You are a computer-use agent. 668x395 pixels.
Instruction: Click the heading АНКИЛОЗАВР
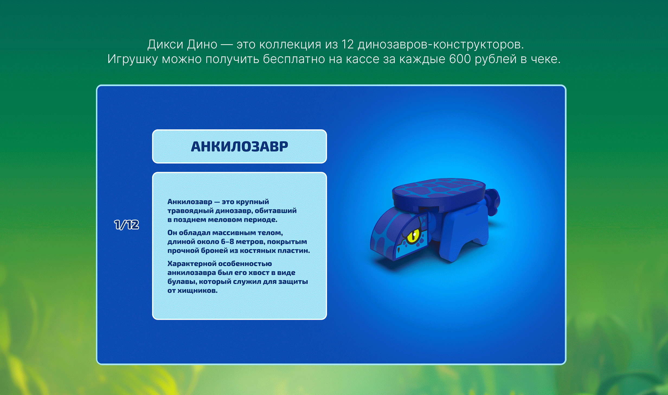click(x=239, y=147)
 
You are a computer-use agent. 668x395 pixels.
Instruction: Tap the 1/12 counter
click(x=127, y=225)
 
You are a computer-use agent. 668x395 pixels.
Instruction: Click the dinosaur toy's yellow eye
click(x=413, y=236)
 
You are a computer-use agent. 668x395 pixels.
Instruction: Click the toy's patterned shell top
click(x=439, y=188)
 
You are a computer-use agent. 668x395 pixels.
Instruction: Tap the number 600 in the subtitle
click(x=460, y=59)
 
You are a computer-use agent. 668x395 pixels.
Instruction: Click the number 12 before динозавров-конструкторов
click(x=347, y=44)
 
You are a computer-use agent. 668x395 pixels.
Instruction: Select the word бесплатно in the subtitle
click(x=294, y=59)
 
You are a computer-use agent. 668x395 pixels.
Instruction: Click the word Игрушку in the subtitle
click(x=133, y=59)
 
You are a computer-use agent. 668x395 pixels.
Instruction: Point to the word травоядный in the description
click(x=190, y=211)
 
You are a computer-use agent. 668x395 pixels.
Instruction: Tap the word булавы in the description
click(x=182, y=282)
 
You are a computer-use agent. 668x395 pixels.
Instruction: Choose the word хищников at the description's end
click(x=197, y=291)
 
